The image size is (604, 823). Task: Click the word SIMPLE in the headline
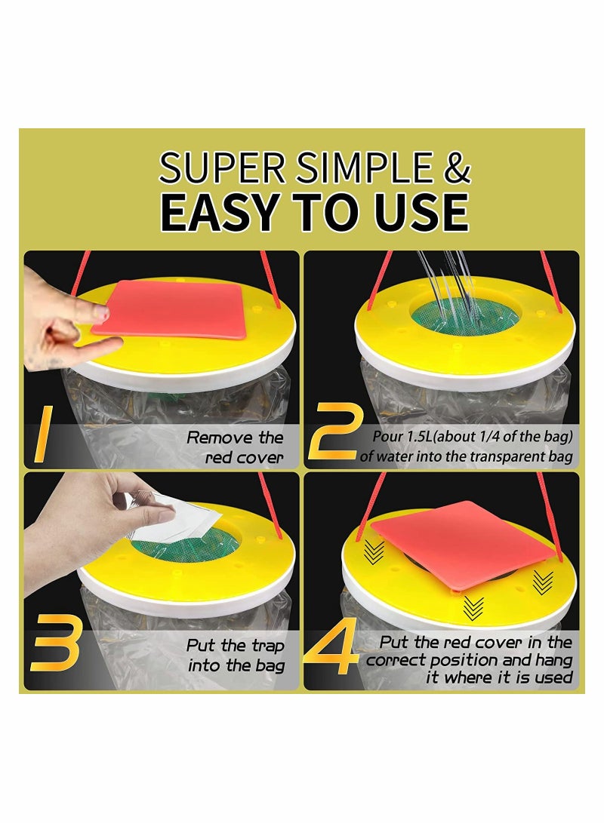[364, 167]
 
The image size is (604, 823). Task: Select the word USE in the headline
[421, 212]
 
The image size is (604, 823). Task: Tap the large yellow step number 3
[55, 643]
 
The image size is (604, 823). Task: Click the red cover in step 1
[169, 309]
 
